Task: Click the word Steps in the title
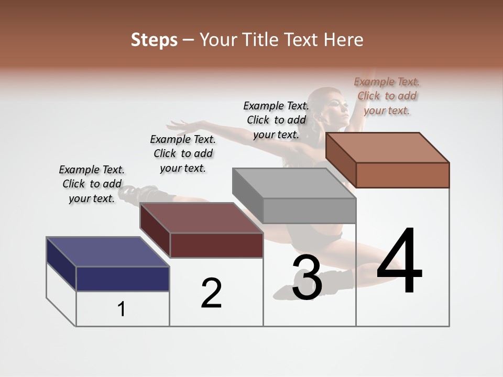[x=154, y=40]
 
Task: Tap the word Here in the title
[x=343, y=40]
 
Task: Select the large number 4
[x=399, y=261]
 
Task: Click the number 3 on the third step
[x=307, y=278]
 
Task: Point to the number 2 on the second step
[x=211, y=293]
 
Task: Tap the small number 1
[x=122, y=309]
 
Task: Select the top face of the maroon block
[x=201, y=218]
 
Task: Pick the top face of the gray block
[x=293, y=183]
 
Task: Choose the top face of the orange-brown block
[x=387, y=148]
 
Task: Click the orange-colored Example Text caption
[x=387, y=96]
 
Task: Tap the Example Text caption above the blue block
[x=92, y=184]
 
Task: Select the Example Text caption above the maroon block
[x=183, y=153]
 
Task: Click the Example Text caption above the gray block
[x=276, y=120]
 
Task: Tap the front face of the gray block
[x=309, y=211]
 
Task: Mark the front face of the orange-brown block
[x=402, y=175]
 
